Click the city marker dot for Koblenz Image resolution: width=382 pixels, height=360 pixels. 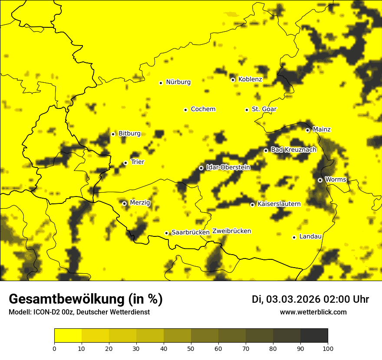click(x=233, y=80)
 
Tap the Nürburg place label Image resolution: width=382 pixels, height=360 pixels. click(x=178, y=82)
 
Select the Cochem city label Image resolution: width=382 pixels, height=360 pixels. click(x=203, y=109)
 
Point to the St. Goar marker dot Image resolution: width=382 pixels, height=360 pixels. click(x=247, y=110)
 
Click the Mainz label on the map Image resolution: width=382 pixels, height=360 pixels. click(x=322, y=130)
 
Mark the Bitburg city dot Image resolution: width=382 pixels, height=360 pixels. click(x=113, y=134)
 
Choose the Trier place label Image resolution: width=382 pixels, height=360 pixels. click(x=138, y=162)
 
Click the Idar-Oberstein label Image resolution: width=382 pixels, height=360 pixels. click(x=228, y=167)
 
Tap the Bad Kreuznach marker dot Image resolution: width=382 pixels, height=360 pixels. click(x=266, y=151)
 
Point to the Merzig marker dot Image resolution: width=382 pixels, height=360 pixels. click(x=124, y=203)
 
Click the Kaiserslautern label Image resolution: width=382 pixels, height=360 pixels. click(x=279, y=204)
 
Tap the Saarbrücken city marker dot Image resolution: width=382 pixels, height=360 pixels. click(x=166, y=233)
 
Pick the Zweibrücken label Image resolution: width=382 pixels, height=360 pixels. click(x=231, y=231)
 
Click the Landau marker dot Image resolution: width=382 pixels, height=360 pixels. click(x=294, y=237)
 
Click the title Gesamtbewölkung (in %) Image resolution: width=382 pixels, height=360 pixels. click(x=86, y=299)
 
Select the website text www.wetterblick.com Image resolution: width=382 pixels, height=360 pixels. click(x=313, y=312)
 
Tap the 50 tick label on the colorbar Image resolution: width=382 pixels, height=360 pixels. click(x=191, y=348)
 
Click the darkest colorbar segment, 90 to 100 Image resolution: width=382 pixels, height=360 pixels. click(x=314, y=336)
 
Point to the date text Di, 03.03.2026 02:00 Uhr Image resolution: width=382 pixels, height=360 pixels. click(x=310, y=299)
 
